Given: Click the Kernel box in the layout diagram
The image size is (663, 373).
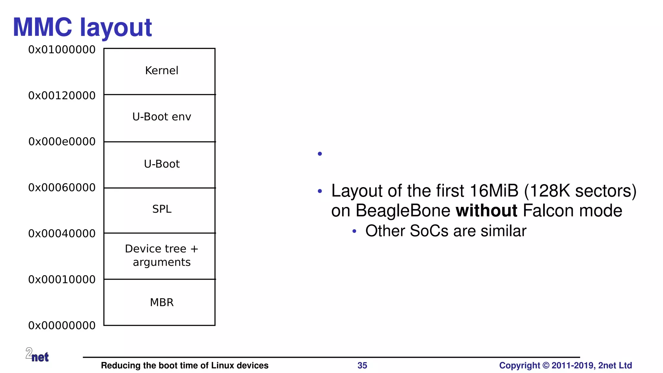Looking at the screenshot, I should pos(160,71).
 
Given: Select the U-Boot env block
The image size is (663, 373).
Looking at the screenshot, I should pos(160,117).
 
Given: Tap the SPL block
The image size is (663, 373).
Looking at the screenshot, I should pos(160,210).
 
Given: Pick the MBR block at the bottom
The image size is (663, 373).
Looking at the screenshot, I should pos(160,302).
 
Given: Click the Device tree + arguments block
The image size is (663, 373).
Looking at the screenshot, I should pos(160,256).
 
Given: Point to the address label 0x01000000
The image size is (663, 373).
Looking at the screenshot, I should pos(62,50).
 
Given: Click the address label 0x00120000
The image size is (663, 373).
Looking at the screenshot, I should pos(62,96).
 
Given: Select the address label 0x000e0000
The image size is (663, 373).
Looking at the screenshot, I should pos(62,142).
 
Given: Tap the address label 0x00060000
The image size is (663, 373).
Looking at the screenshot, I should pos(62,188).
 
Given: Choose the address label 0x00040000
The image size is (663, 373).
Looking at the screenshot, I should pos(62,234).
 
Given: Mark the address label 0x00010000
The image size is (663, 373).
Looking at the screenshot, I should pos(62,280).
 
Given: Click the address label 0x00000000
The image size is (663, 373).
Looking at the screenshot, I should pos(62,326).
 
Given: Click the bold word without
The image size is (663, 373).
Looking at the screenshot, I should pos(486,211).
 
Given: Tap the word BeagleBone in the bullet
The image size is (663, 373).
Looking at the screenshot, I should pos(403,211).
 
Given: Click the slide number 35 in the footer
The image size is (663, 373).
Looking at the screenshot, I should pos(362,366).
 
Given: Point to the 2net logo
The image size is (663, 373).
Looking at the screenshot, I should pos(37,355).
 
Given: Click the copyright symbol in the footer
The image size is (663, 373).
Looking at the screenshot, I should pos(546,366).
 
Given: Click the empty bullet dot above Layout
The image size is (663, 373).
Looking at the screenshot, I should pos(320,154).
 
